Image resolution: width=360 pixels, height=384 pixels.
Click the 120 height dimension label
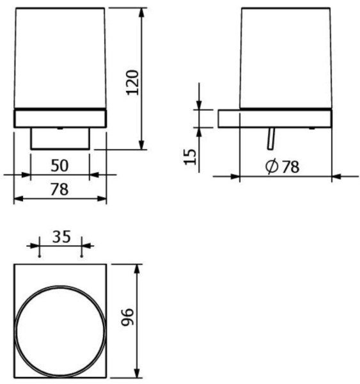click(x=132, y=83)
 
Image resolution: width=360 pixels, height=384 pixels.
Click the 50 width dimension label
click(x=59, y=166)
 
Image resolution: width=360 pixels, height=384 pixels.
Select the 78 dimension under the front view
click(x=59, y=189)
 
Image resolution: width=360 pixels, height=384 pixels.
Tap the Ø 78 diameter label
click(x=282, y=166)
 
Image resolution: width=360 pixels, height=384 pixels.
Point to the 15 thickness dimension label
click(x=190, y=157)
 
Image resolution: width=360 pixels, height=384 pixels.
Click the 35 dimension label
click(x=61, y=237)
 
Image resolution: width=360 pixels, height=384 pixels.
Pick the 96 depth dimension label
click(x=127, y=317)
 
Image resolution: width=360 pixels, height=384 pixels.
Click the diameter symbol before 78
click(x=272, y=166)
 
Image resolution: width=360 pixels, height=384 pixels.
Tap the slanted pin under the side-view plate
click(x=271, y=138)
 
